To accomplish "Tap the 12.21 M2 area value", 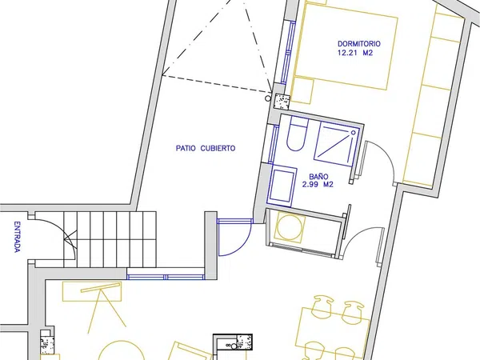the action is click(355, 53).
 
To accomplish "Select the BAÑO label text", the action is click(318, 177).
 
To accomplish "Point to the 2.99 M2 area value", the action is click(318, 185).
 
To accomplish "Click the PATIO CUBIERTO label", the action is click(206, 148).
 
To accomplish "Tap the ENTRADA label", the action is click(17, 237).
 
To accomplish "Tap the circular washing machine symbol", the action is click(290, 227).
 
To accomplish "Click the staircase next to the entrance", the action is click(110, 239).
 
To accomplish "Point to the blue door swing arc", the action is click(240, 246).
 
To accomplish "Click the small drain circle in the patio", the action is click(268, 98).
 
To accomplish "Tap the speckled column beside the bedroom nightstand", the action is click(282, 102).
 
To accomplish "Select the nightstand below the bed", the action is click(302, 90).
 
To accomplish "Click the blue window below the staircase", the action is click(166, 277).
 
